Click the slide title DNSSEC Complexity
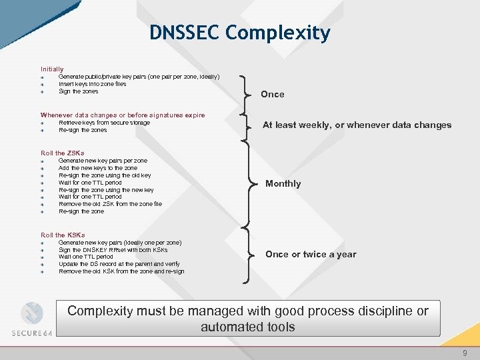tap(239, 33)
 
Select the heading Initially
tap(52, 69)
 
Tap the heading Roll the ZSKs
tap(63, 153)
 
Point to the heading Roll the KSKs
tap(63, 235)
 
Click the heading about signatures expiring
tap(123, 115)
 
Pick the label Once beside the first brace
tap(272, 95)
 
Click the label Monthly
tap(283, 184)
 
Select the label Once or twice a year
tap(311, 255)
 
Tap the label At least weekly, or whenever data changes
tap(357, 125)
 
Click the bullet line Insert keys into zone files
tap(92, 84)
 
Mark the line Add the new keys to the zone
tap(98, 168)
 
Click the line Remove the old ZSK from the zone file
tap(110, 204)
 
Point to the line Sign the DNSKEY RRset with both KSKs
tap(113, 250)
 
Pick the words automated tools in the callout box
tap(247, 327)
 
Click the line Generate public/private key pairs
tap(139, 77)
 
